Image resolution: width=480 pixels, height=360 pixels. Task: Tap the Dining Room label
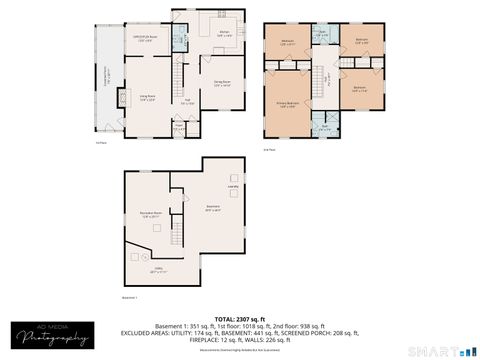(x=222, y=84)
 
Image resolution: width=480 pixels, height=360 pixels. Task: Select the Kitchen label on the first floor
(x=226, y=33)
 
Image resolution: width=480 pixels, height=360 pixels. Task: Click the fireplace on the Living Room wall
(x=122, y=98)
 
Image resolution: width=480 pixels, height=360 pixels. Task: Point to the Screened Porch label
(x=108, y=78)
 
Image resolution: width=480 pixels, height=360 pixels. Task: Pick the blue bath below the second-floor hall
(x=323, y=128)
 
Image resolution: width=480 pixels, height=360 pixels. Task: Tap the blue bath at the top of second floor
(x=322, y=34)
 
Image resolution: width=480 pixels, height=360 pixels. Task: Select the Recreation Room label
(x=151, y=214)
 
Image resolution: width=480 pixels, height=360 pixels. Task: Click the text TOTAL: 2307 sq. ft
(x=240, y=317)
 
